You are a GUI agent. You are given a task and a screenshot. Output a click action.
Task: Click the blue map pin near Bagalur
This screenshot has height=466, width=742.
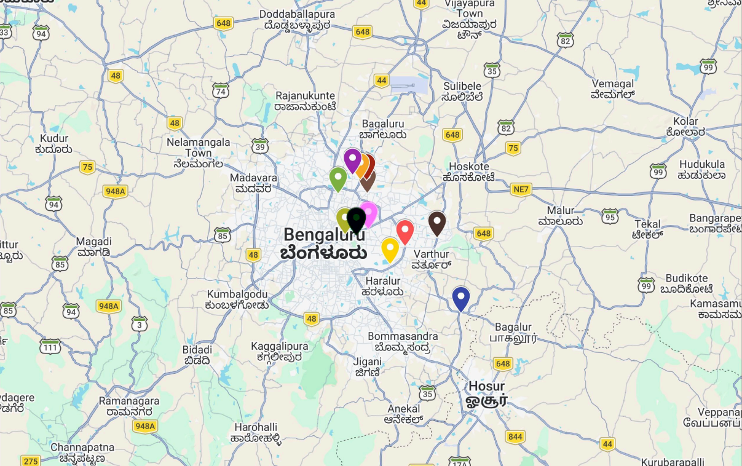pos(460,298)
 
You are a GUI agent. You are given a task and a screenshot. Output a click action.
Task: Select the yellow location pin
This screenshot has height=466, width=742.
pos(390,249)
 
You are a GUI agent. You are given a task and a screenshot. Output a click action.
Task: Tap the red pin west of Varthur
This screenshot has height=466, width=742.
pos(405,231)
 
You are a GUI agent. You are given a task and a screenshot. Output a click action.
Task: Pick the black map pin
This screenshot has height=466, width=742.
pos(356,219)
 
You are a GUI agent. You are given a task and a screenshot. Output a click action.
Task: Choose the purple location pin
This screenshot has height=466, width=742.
pos(352,160)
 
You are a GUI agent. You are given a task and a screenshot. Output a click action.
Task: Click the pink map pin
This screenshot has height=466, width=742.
pos(369,212)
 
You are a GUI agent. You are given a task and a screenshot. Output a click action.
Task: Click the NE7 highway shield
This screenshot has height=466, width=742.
pos(520,189)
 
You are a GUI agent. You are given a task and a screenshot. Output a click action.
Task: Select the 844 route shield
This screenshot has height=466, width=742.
pos(515,437)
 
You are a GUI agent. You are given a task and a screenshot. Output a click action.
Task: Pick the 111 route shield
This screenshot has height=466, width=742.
pos(50,348)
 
